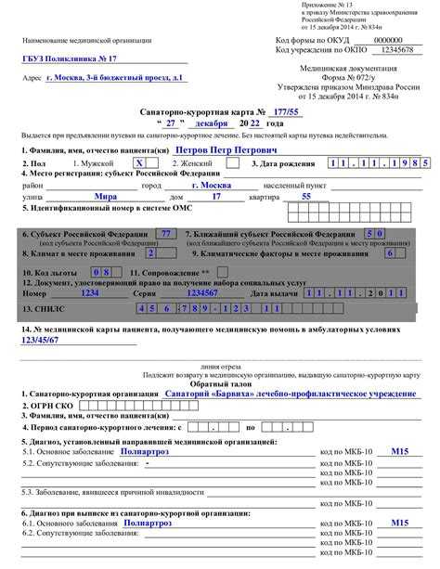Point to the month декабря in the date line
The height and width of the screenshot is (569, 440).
click(213, 123)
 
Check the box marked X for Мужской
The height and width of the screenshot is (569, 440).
click(140, 162)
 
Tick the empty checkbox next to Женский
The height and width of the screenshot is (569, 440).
click(231, 162)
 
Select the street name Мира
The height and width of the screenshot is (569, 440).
click(105, 197)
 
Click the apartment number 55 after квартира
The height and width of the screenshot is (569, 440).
click(306, 197)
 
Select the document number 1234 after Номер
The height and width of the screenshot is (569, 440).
click(89, 291)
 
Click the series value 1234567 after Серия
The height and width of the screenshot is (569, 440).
click(202, 291)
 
